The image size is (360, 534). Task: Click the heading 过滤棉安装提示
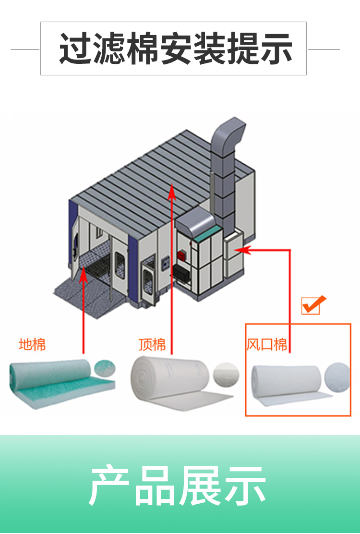click(175, 48)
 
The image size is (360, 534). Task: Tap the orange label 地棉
click(32, 344)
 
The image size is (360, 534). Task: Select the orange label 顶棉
click(152, 344)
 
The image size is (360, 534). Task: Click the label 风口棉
click(267, 344)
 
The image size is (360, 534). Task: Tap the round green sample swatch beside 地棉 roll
click(105, 367)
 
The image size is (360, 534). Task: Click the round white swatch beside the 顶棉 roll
click(226, 372)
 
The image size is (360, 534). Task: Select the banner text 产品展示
click(178, 485)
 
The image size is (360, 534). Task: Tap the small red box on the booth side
click(181, 255)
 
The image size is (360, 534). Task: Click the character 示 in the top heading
click(276, 48)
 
